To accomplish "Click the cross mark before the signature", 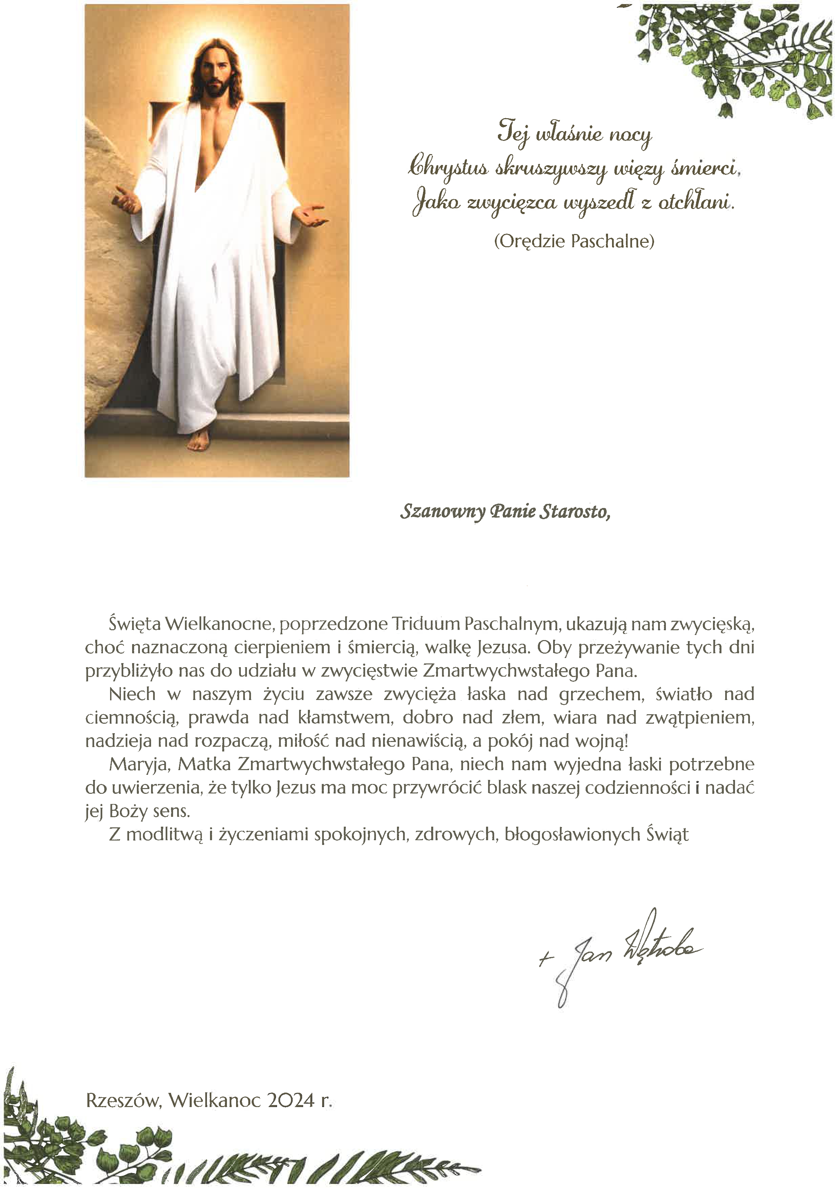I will (543, 960).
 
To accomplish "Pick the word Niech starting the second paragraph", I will (132, 694).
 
